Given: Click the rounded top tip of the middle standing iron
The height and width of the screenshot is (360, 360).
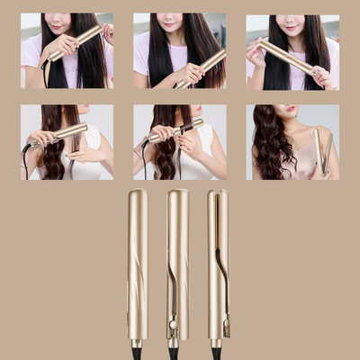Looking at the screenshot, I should pos(178,195).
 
